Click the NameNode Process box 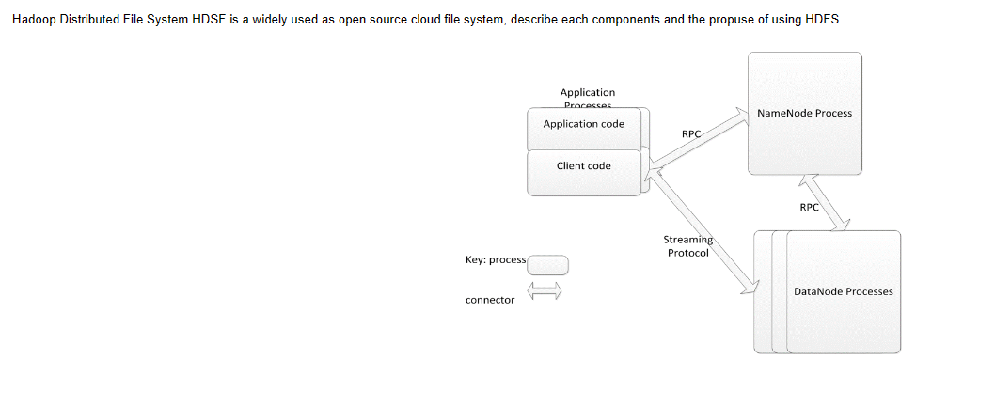point(804,114)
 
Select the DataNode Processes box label point(843,291)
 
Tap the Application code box point(583,124)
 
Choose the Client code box point(583,166)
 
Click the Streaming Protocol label point(688,246)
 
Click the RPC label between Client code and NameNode point(691,134)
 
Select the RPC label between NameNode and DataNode point(809,207)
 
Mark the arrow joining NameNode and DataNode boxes point(824,202)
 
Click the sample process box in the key point(547,265)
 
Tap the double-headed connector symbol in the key point(544,291)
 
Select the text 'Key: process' point(496,259)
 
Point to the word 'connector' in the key point(490,300)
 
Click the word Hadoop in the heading point(33,20)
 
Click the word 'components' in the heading point(623,20)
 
